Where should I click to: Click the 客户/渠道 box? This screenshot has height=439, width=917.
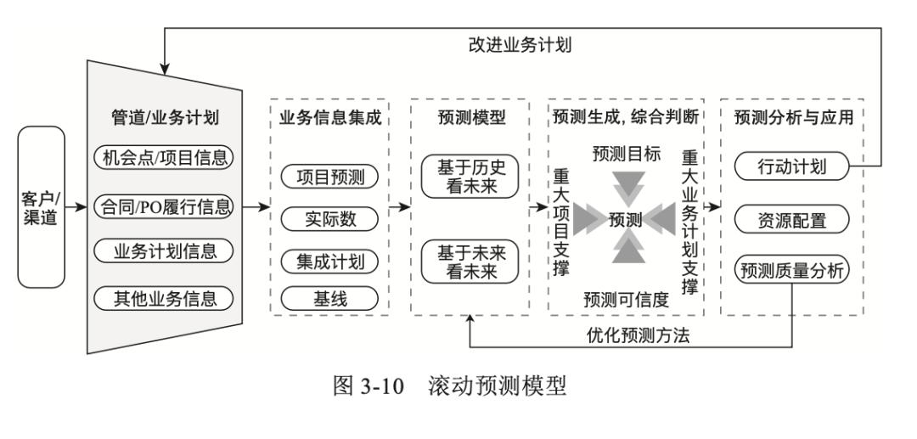click(x=41, y=206)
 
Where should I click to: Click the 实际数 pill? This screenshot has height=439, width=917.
click(x=329, y=218)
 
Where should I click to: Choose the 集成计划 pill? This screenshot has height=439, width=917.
click(x=329, y=261)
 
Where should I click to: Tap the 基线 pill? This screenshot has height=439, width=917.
click(x=329, y=297)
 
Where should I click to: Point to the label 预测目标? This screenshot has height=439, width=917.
click(x=626, y=154)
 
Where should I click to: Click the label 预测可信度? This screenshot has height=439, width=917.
click(x=626, y=298)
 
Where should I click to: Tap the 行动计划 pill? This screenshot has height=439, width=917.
click(x=791, y=167)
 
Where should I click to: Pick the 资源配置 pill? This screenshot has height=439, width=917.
click(x=791, y=221)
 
